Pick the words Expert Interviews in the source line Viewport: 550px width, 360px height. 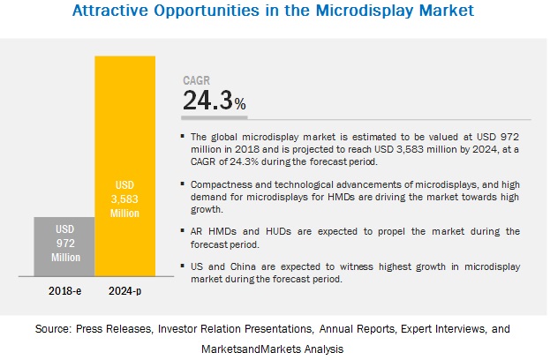tap(435, 327)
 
